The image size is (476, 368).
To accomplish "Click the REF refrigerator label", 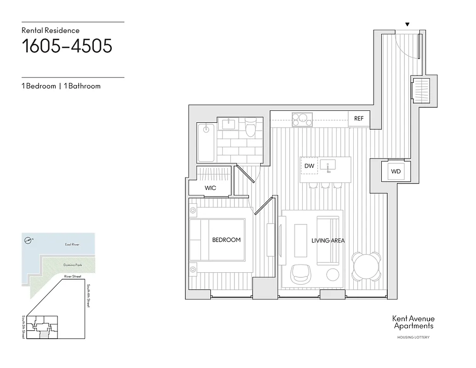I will click(x=359, y=119).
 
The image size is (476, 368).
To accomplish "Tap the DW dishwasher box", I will click(x=309, y=166).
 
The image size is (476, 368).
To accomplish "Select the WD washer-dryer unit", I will click(x=396, y=172).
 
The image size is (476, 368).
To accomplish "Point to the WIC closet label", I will click(x=211, y=188).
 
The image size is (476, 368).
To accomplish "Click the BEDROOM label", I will click(x=226, y=240).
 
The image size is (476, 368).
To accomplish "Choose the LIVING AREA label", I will click(x=328, y=240).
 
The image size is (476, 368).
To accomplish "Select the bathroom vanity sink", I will click(x=229, y=124).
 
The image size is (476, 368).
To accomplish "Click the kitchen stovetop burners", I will click(x=302, y=119).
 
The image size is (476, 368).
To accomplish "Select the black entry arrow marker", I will click(x=407, y=24).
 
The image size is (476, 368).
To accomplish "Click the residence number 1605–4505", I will click(x=67, y=46).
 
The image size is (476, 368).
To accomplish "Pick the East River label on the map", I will click(x=72, y=245).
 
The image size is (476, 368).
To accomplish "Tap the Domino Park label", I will click(x=72, y=265).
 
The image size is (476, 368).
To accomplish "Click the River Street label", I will click(x=73, y=276).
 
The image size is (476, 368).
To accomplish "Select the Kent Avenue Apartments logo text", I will click(x=413, y=322).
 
